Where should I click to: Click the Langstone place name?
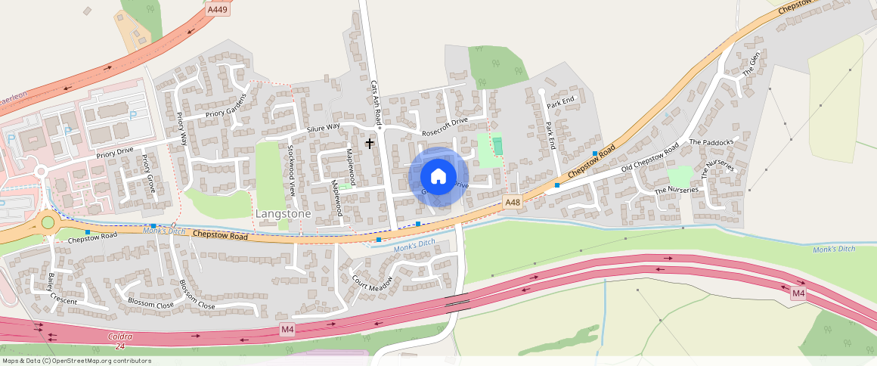click(284, 214)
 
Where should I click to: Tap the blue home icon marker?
click(438, 177)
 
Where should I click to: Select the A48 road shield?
click(513, 202)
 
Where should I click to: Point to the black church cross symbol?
click(370, 142)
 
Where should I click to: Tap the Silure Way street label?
click(324, 127)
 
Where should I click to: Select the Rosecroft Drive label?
click(445, 126)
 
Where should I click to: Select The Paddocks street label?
click(711, 142)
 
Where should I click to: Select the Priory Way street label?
click(182, 128)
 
